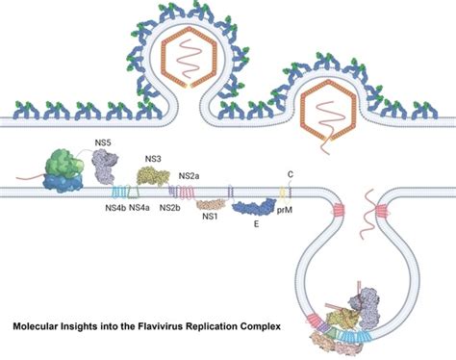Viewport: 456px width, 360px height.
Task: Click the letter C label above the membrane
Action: tap(290, 176)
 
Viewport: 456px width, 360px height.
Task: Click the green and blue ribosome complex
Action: tap(62, 170)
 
